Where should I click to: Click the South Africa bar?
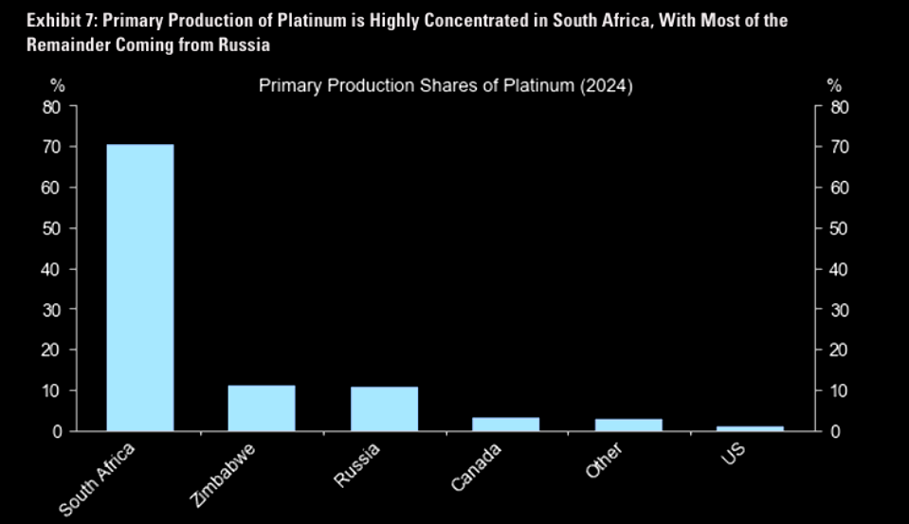click(140, 287)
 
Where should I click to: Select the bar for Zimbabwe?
click(262, 407)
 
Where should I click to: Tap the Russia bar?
click(384, 408)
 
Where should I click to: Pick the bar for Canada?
click(506, 424)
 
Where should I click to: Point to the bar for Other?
click(628, 425)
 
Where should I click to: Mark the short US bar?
click(751, 428)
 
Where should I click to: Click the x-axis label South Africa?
click(99, 479)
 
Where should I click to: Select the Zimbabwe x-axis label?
click(226, 476)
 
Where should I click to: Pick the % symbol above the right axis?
click(834, 85)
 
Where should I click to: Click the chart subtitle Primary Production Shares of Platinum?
click(445, 86)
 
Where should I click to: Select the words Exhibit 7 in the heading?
click(41, 20)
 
